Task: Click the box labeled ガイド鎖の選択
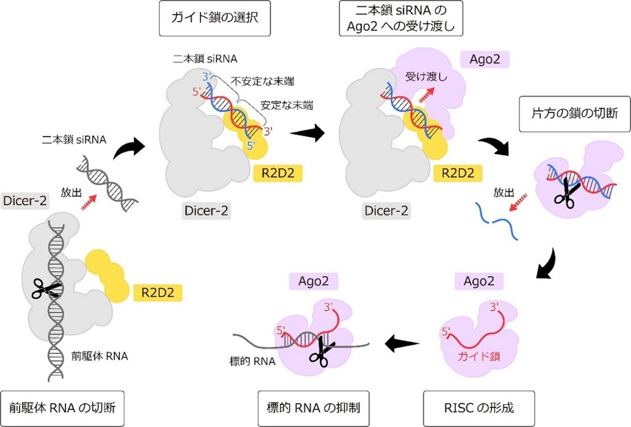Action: point(215,18)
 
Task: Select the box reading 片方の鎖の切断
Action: point(575,114)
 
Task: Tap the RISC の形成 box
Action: point(479,408)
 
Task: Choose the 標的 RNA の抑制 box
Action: point(314,408)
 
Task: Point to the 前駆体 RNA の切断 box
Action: point(62,408)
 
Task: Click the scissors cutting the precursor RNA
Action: point(46,288)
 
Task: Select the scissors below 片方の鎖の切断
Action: point(567,193)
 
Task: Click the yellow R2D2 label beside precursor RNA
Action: point(158,293)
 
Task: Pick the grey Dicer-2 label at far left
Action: point(25,201)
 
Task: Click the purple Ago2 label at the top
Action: point(485,59)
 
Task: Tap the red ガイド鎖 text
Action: point(478,356)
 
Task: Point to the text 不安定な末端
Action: point(262,81)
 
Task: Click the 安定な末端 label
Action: point(287,105)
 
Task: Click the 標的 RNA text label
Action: point(252,361)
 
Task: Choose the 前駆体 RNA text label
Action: point(100,356)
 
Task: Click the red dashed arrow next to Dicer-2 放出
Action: point(89,202)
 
